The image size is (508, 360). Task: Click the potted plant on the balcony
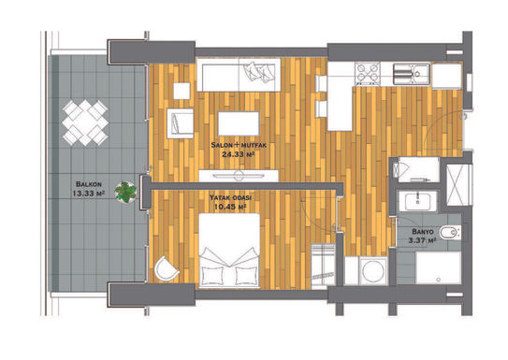[x=125, y=193]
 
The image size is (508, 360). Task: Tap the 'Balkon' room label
[x=89, y=184]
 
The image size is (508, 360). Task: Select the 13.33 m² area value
[x=88, y=194]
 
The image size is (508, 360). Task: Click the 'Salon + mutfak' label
[x=239, y=145]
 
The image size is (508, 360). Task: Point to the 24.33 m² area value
[x=238, y=154]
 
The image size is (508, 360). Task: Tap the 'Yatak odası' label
[x=231, y=197]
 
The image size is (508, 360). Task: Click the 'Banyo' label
[x=423, y=232]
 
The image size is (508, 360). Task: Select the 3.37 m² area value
[x=422, y=240]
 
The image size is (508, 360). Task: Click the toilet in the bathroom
[x=450, y=232]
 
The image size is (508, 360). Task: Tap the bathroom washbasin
[x=417, y=201]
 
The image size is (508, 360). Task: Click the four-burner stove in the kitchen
[x=368, y=73]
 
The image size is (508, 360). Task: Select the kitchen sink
[x=412, y=74]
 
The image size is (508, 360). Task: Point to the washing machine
[x=373, y=271]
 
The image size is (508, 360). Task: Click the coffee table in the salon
[x=239, y=123]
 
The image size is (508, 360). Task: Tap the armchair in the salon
[x=181, y=123]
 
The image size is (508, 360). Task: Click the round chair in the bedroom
[x=166, y=269]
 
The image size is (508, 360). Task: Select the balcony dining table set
[x=85, y=122]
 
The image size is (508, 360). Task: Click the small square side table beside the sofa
[x=181, y=91]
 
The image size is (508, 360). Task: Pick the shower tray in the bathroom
[x=439, y=268]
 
